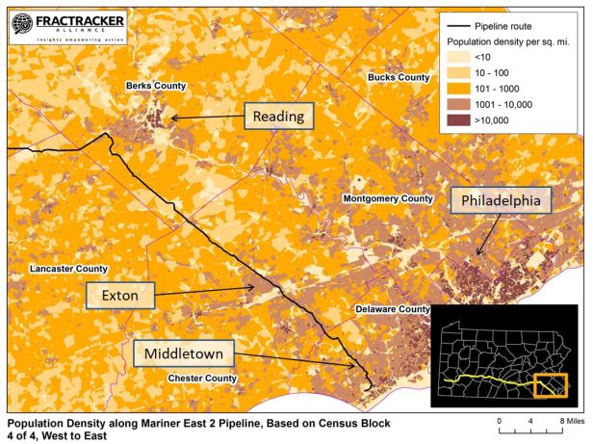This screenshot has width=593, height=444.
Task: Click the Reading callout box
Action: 278,118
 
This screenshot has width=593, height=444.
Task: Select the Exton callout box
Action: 120,296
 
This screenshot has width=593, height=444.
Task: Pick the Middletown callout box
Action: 184,354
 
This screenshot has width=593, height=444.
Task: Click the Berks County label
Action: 155,87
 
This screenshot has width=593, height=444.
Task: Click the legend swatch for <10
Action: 459,60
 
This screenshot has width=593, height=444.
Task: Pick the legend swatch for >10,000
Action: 459,120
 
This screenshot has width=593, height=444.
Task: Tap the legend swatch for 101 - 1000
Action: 459,91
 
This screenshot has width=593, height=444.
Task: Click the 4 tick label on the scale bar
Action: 531,422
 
